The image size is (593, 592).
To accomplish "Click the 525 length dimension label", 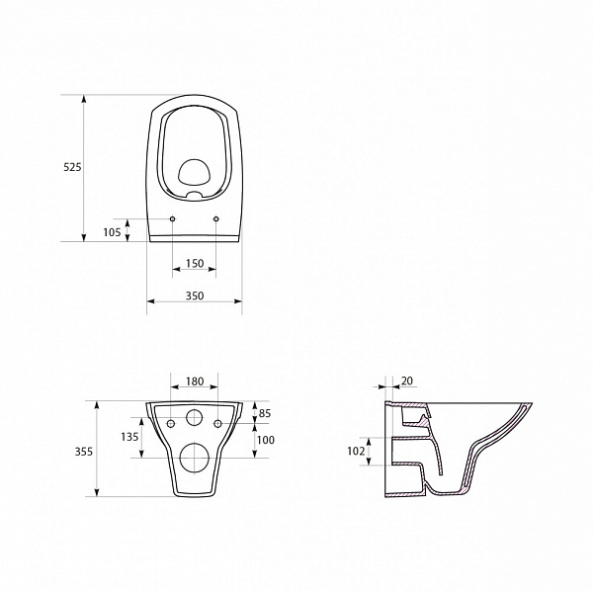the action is coord(72,167).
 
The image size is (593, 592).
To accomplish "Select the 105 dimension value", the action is coord(112,232).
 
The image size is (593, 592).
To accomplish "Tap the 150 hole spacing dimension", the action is coord(195,263).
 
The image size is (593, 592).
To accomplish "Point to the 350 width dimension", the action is coord(195,296).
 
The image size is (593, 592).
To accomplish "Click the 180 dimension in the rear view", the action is coord(195,381).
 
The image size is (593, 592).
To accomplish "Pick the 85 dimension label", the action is coord(265,413).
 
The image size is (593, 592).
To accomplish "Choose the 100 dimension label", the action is coord(266,440).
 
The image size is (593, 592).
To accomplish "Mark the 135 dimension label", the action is coord(129,437).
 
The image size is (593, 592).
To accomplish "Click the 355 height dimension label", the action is coord(84,452).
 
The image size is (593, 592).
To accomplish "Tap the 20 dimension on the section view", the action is coord(407,381).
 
